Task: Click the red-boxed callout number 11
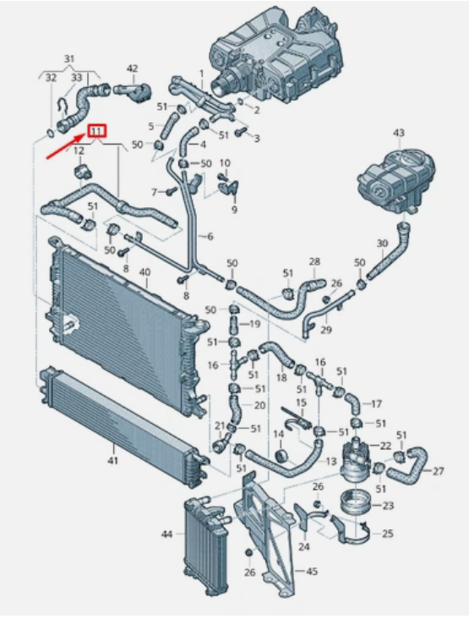96,131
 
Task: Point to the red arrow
66,146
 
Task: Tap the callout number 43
398,133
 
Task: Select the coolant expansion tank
396,179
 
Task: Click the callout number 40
145,271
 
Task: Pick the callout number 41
113,460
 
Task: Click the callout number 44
166,534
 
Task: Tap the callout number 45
312,572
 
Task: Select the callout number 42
132,68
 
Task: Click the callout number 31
69,59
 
